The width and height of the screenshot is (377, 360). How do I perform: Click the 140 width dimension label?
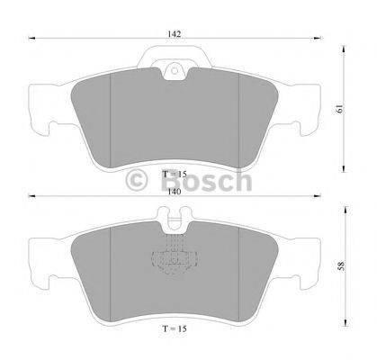click(x=175, y=190)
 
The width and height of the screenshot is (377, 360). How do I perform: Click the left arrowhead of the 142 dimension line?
click(x=31, y=39)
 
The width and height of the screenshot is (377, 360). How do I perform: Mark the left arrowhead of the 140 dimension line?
click(x=31, y=195)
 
